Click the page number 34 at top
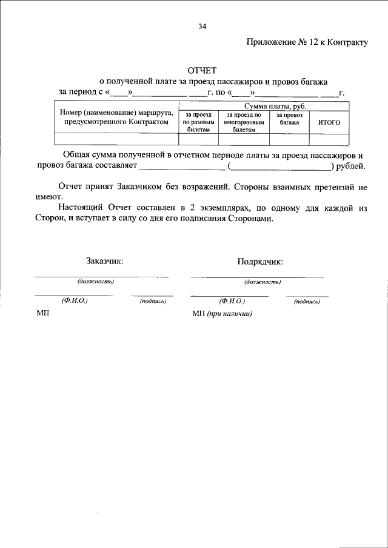(202, 27)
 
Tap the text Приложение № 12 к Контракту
(307, 42)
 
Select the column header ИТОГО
(329, 122)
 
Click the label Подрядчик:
(260, 262)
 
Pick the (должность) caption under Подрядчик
(262, 282)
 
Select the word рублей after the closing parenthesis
(350, 165)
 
